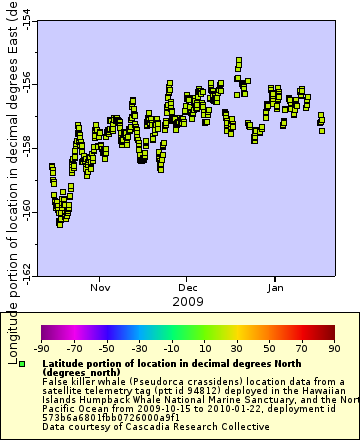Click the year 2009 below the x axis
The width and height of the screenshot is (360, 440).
(188, 301)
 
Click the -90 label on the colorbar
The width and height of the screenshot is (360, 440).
(42, 349)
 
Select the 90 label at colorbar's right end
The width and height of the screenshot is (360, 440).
(333, 349)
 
